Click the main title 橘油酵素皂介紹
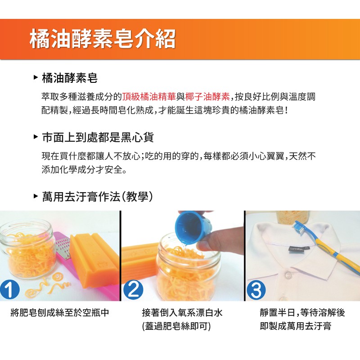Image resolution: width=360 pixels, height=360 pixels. click(103, 39)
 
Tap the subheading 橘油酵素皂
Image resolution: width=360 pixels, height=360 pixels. click(70, 78)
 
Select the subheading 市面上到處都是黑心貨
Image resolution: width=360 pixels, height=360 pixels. click(98, 137)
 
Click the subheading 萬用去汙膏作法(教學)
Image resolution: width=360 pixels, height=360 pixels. click(98, 197)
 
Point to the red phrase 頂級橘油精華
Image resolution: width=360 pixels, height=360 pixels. click(149, 97)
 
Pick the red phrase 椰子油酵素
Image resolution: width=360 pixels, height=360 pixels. click(207, 97)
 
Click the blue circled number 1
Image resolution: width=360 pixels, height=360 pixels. click(9, 290)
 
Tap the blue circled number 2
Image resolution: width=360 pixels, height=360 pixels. click(133, 290)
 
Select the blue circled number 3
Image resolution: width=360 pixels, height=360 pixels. click(256, 290)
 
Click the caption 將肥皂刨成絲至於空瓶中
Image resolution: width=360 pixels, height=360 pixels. click(60, 313)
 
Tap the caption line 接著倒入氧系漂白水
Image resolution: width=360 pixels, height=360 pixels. click(182, 313)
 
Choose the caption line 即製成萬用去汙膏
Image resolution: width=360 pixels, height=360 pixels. click(296, 326)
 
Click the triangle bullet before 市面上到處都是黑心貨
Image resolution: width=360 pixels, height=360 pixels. click(36, 137)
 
